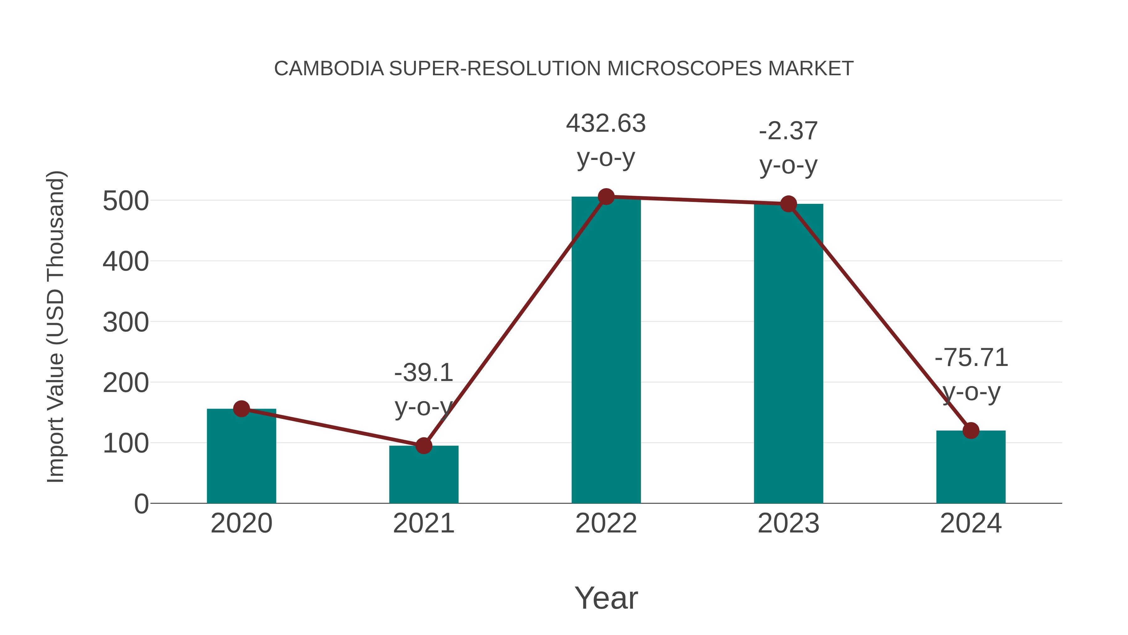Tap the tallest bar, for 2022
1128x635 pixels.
[606, 351]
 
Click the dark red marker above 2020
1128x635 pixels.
[241, 409]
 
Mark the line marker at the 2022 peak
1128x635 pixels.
[606, 197]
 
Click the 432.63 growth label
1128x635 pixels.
[606, 123]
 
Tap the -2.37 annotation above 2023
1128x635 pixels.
[788, 131]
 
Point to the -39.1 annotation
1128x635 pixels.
[423, 373]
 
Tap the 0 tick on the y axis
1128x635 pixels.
[141, 504]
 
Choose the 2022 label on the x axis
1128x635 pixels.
[606, 523]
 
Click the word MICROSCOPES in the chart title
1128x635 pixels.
[684, 69]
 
